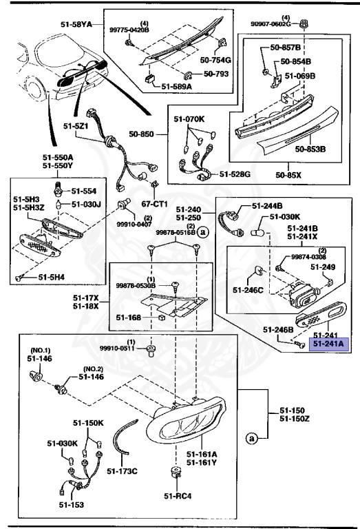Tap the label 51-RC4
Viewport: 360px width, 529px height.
[177, 496]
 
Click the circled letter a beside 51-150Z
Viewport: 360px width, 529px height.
[251, 437]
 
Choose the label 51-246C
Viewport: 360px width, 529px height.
[248, 289]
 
